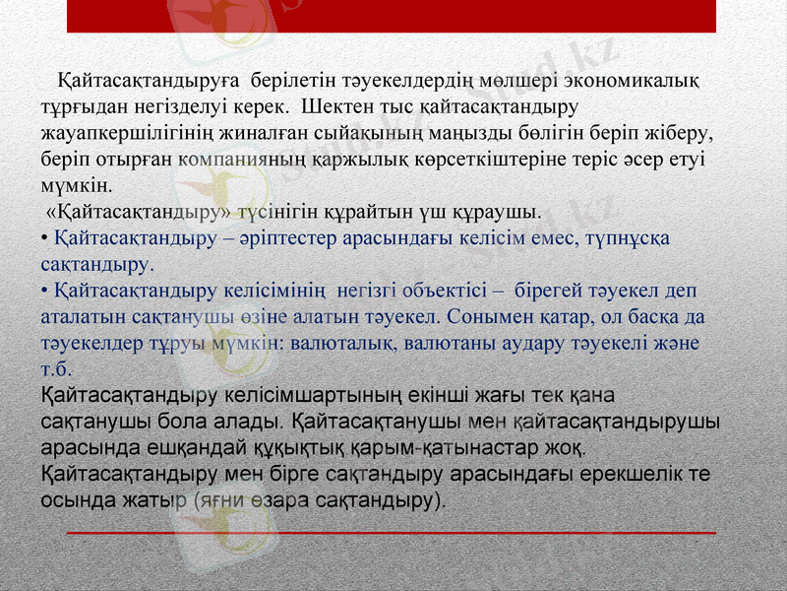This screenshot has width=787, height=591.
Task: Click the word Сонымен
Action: tap(491, 318)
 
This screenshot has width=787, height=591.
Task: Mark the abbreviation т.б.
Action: tap(56, 370)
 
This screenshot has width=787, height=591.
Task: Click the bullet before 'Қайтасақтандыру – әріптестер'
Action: tap(44, 238)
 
